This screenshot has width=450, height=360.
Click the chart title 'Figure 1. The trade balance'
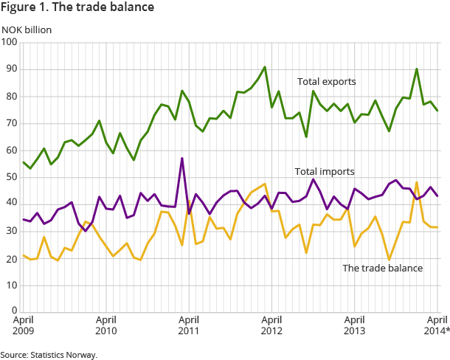click(77, 8)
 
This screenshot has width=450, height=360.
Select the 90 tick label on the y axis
click(11, 69)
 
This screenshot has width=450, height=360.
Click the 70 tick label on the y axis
click(11, 124)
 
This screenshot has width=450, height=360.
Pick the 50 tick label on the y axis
click(11, 178)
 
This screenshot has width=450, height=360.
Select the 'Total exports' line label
click(327, 81)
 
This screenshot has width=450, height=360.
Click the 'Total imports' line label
click(325, 172)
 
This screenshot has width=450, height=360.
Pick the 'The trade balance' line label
click(383, 268)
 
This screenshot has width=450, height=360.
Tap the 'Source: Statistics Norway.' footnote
click(49, 355)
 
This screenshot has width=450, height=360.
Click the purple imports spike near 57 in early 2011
click(181, 159)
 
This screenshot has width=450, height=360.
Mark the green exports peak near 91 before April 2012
click(265, 67)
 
